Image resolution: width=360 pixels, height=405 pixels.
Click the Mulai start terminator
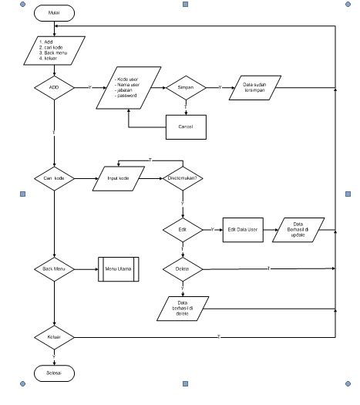pos(53,14)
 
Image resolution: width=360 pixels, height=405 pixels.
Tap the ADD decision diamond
pos(53,88)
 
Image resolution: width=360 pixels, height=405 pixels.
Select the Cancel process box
pos(186,126)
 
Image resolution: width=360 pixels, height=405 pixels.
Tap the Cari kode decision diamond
pos(53,177)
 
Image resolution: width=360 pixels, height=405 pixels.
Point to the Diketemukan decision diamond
pos(182,177)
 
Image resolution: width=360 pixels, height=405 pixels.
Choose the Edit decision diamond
pos(182,230)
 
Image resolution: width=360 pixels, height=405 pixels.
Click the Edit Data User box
pos(244,230)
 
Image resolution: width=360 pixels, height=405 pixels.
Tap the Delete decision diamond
pos(182,269)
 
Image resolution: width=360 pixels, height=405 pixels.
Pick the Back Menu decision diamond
pos(53,269)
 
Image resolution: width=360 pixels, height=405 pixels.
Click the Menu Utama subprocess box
pos(118,269)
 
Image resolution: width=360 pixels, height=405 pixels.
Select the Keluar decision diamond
pos(53,337)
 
